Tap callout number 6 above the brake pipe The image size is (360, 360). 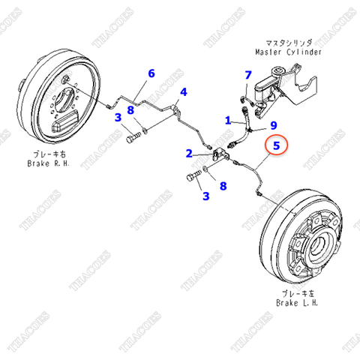coord(151,73)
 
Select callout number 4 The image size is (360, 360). coord(183,92)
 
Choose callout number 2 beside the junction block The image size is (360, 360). coord(190,154)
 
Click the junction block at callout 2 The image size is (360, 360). coord(218,155)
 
